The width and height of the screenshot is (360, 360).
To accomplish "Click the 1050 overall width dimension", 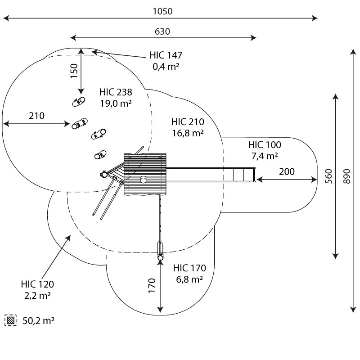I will [162, 12].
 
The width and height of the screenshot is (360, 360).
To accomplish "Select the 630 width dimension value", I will [162, 31].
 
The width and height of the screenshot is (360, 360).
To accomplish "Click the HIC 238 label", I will [116, 92].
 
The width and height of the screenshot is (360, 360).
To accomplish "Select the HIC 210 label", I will [188, 122].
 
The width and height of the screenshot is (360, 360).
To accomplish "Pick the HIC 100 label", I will [265, 145].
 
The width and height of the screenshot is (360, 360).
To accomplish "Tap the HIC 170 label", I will [189, 269].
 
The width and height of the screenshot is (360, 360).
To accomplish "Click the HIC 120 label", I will [37, 284].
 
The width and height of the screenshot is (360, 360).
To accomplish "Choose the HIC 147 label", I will [166, 56].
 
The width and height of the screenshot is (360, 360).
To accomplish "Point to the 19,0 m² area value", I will [116, 103].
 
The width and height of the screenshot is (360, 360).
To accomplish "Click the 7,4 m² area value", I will [265, 156].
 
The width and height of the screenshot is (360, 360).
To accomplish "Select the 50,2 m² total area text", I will [38, 321].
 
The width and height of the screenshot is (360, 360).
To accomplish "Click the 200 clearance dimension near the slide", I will [287, 171].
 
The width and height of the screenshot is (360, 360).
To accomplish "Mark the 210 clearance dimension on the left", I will [37, 116].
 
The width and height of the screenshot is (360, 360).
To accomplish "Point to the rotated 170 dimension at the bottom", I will [152, 286].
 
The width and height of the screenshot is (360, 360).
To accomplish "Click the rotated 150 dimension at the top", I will [74, 71].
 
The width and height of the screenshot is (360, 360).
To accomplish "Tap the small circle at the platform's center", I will [144, 180].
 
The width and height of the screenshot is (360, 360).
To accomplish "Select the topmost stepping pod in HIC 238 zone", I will [79, 102].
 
